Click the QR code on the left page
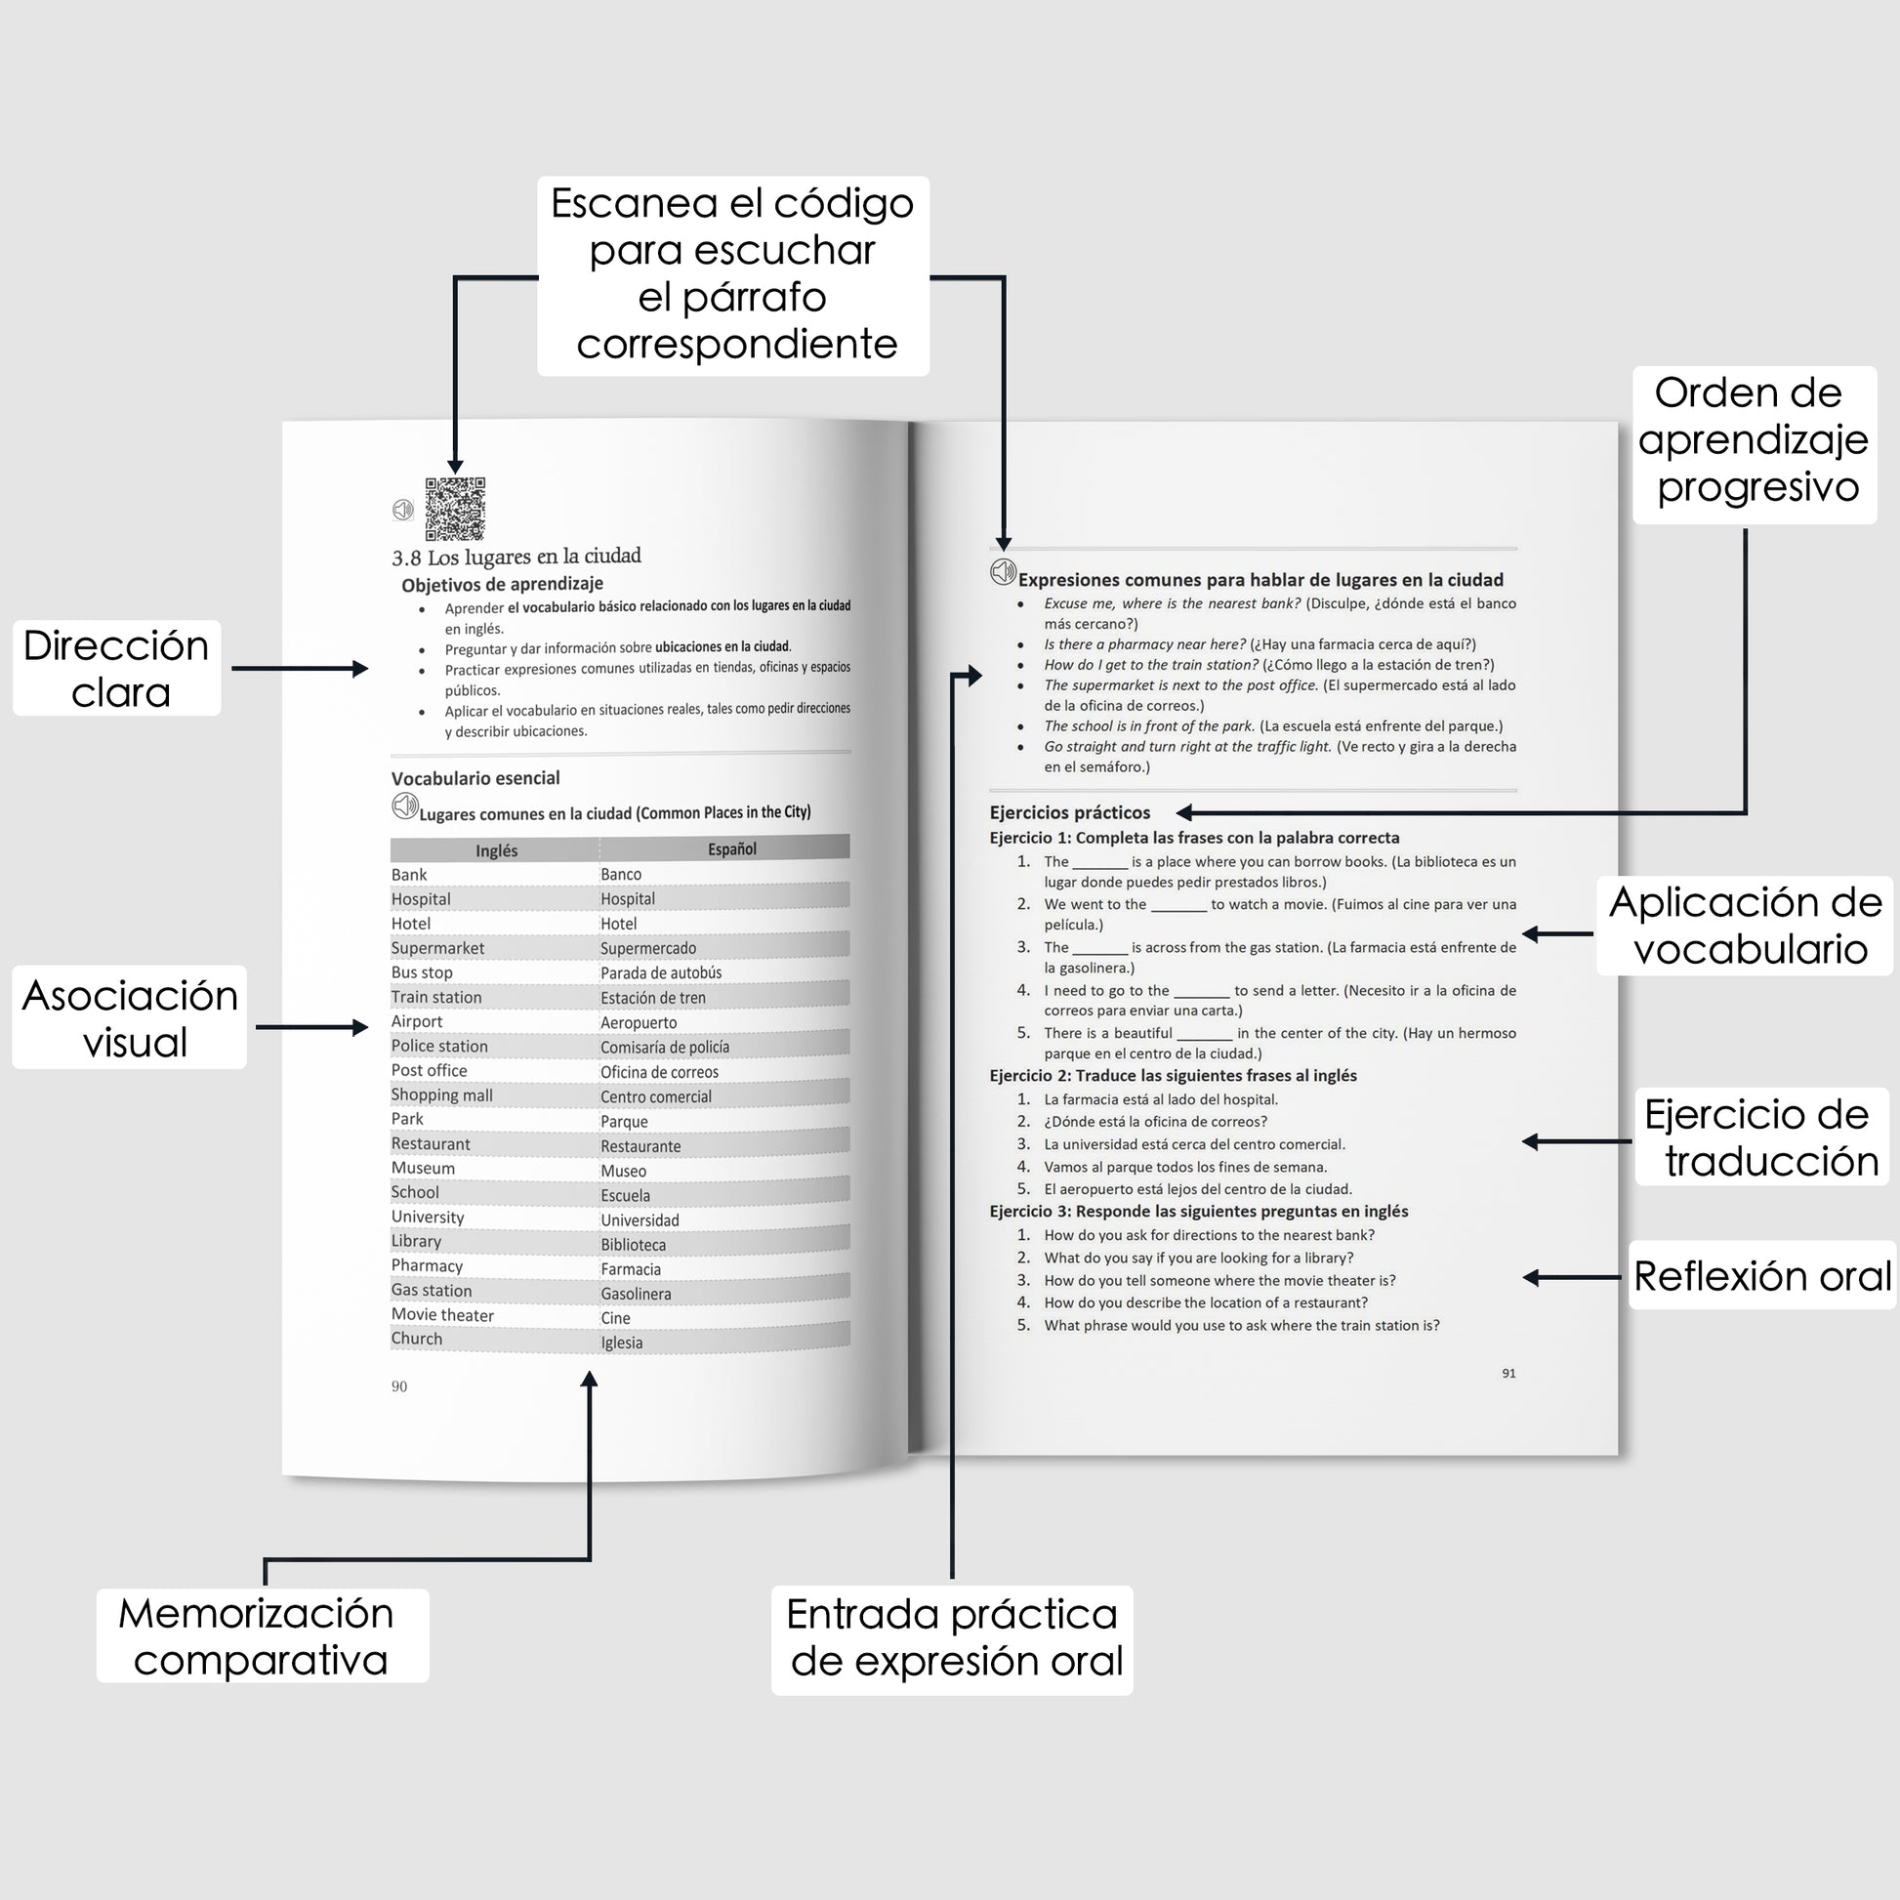[x=455, y=509]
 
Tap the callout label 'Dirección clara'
[x=117, y=669]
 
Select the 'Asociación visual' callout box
[x=130, y=1017]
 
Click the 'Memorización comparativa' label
[x=262, y=1635]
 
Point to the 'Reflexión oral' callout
[x=1761, y=1275]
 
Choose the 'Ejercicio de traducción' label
[x=1761, y=1136]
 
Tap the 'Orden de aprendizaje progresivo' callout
[x=1754, y=440]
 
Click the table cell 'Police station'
[x=439, y=1046]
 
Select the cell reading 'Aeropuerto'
[x=639, y=1023]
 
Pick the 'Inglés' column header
[x=497, y=850]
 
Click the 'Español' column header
[x=731, y=848]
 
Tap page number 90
[x=399, y=1386]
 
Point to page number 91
[x=1508, y=1373]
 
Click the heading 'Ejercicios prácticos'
[x=1070, y=812]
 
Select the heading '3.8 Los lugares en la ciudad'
[x=516, y=557]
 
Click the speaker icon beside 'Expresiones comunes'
[x=1002, y=572]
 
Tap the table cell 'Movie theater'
[x=442, y=1315]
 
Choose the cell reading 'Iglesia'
[x=622, y=1342]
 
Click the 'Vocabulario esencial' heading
[x=476, y=778]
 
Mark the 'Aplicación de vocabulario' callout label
[x=1745, y=926]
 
